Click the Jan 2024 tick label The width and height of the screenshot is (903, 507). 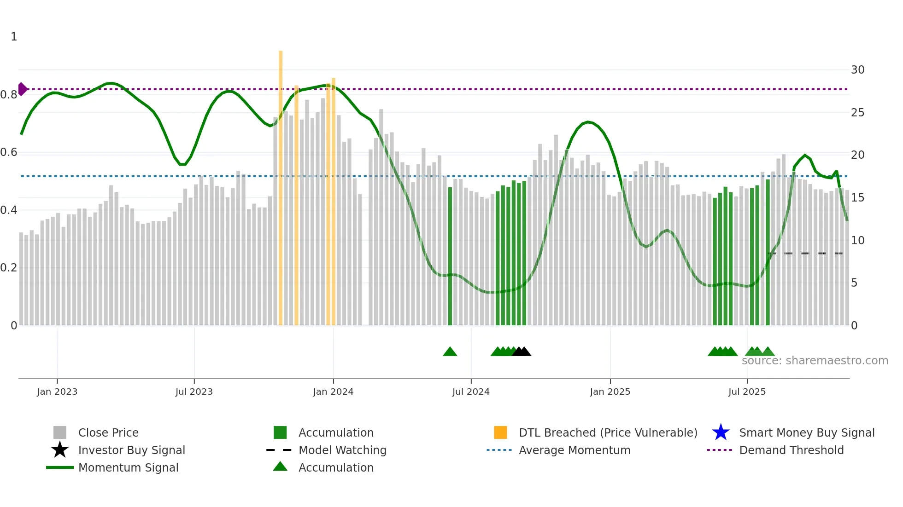(x=333, y=392)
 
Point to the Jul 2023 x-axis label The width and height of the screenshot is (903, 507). (x=194, y=392)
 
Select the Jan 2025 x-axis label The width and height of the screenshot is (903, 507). (x=610, y=392)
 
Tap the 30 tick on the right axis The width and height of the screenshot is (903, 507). (x=857, y=70)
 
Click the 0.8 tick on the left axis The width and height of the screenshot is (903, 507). (x=9, y=95)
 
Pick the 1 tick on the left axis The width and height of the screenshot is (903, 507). (x=14, y=37)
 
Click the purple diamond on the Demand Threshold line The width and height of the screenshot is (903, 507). (x=22, y=89)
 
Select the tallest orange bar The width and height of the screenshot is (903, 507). (x=281, y=184)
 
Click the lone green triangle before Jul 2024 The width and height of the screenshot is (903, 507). (x=450, y=352)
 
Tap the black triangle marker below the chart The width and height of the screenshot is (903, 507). (x=522, y=352)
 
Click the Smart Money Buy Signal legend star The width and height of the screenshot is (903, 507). (x=721, y=432)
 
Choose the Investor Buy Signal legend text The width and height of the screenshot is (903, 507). (x=132, y=450)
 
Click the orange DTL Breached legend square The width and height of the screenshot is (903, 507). (x=500, y=432)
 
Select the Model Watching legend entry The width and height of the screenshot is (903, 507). (x=342, y=450)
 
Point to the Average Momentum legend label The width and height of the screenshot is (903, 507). (x=575, y=450)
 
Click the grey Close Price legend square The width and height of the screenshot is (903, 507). (x=60, y=432)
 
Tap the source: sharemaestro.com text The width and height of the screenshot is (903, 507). (x=815, y=361)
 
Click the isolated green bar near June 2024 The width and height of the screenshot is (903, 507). (x=450, y=258)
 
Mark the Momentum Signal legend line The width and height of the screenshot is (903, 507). (x=60, y=467)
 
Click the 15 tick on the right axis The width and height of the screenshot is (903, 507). (x=857, y=198)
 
